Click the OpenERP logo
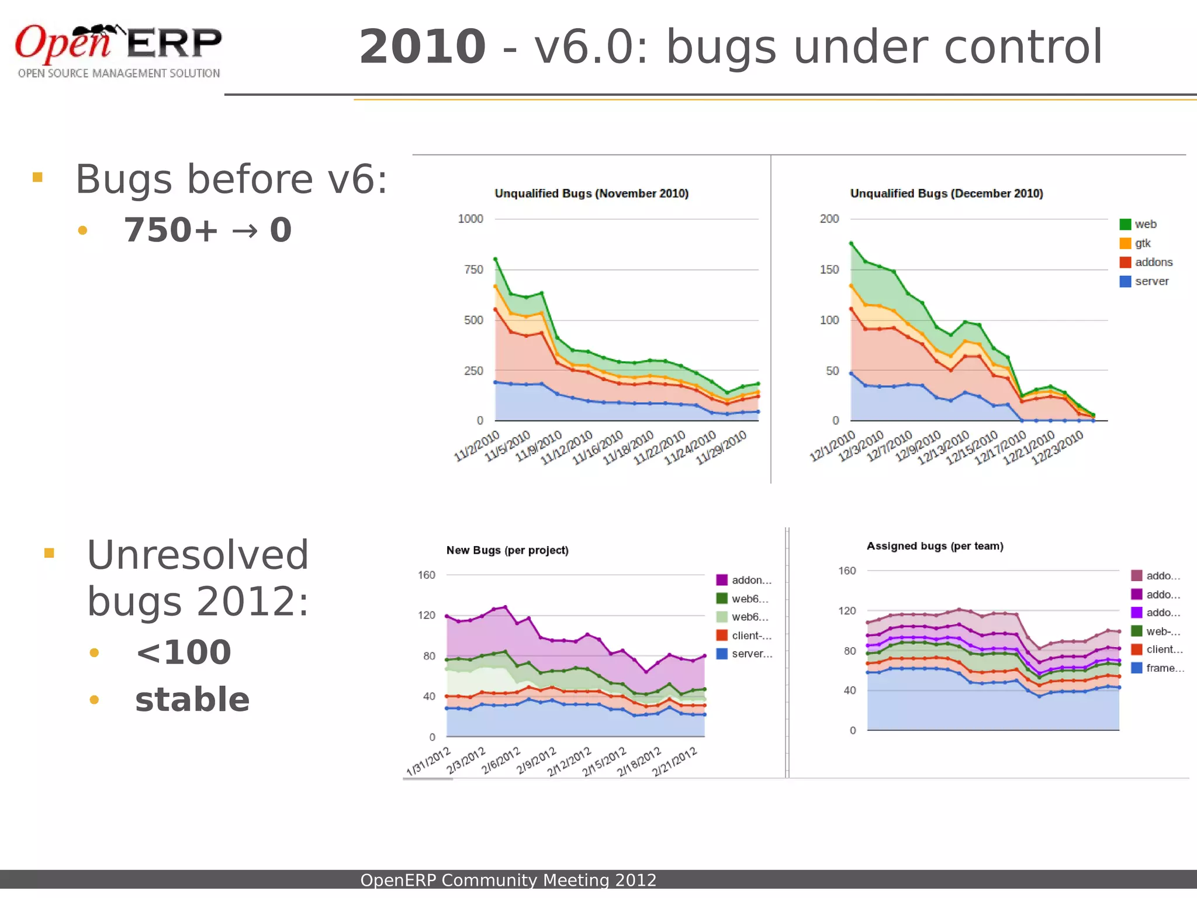[118, 51]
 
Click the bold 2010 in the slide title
[422, 47]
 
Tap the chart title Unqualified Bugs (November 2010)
[591, 194]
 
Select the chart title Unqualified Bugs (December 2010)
[946, 194]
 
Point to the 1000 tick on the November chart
[471, 219]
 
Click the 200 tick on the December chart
[829, 219]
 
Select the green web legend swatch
[1125, 224]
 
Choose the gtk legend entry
[1142, 243]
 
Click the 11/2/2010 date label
[478, 446]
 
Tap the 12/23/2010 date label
[1057, 447]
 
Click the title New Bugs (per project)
[507, 550]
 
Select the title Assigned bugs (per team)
[935, 546]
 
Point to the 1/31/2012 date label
[429, 761]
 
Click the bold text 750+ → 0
[207, 230]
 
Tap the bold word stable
[192, 700]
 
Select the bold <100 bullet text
[184, 652]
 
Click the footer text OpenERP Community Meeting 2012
[508, 880]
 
